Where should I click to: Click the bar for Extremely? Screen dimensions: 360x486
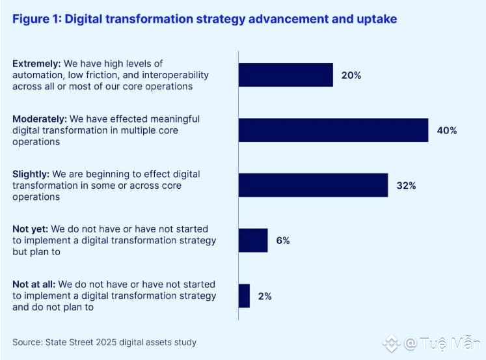286,75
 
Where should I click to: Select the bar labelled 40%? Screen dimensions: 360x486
333,130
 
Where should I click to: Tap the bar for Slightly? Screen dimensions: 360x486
313,186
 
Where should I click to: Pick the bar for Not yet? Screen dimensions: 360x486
253,240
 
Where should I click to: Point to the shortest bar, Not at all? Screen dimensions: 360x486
244,296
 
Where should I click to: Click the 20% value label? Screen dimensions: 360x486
351,75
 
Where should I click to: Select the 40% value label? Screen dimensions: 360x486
447,130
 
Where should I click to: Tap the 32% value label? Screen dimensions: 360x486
406,186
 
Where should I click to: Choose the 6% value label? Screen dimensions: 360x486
283,240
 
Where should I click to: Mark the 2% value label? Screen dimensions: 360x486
264,296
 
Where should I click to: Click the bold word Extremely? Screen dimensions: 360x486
36,64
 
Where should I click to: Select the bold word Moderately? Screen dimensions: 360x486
39,119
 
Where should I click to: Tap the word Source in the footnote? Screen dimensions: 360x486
27,342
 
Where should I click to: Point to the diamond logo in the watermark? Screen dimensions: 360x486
392,343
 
